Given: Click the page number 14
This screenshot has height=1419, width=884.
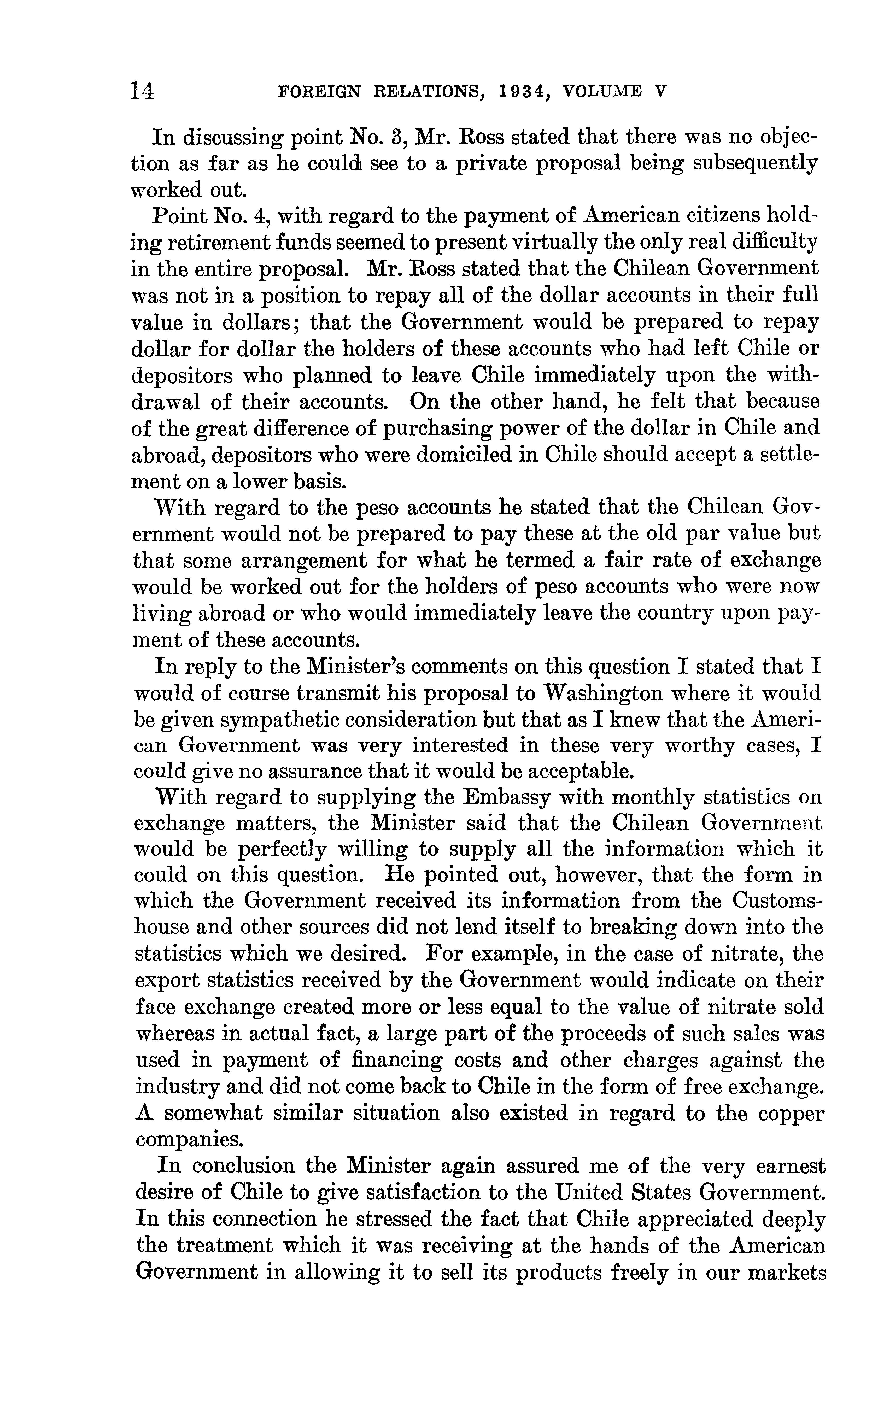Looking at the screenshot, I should coord(143,91).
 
